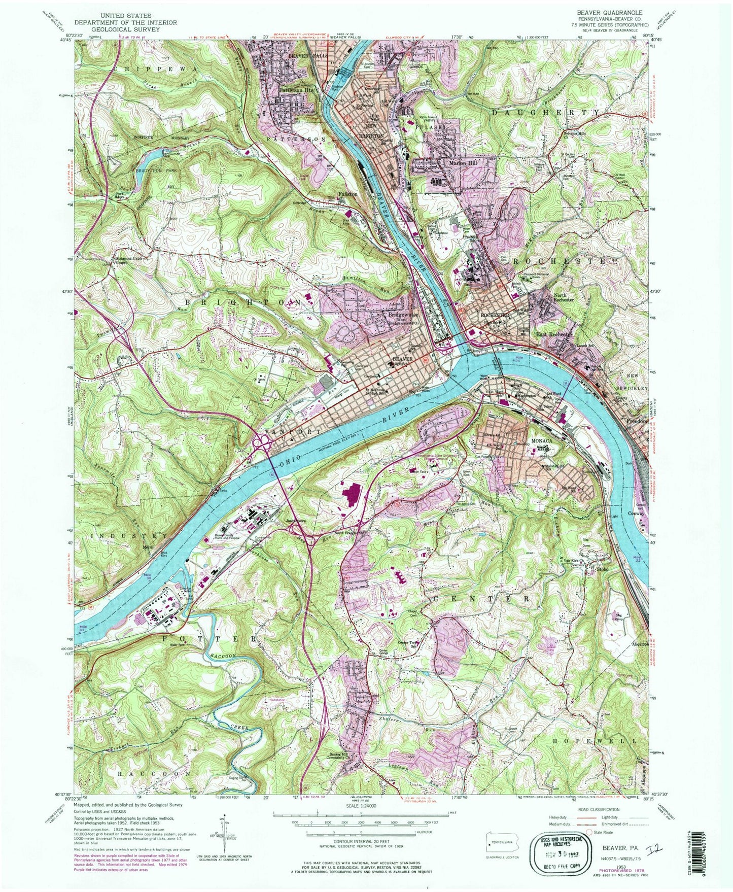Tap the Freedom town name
pyautogui.click(x=637, y=421)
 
